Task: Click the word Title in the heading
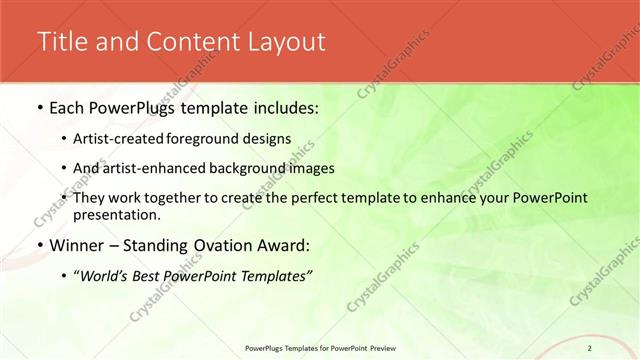pos(61,41)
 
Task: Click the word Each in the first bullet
pos(68,106)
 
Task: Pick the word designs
pos(272,139)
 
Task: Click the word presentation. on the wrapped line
pos(116,214)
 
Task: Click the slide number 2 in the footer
pos(590,348)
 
